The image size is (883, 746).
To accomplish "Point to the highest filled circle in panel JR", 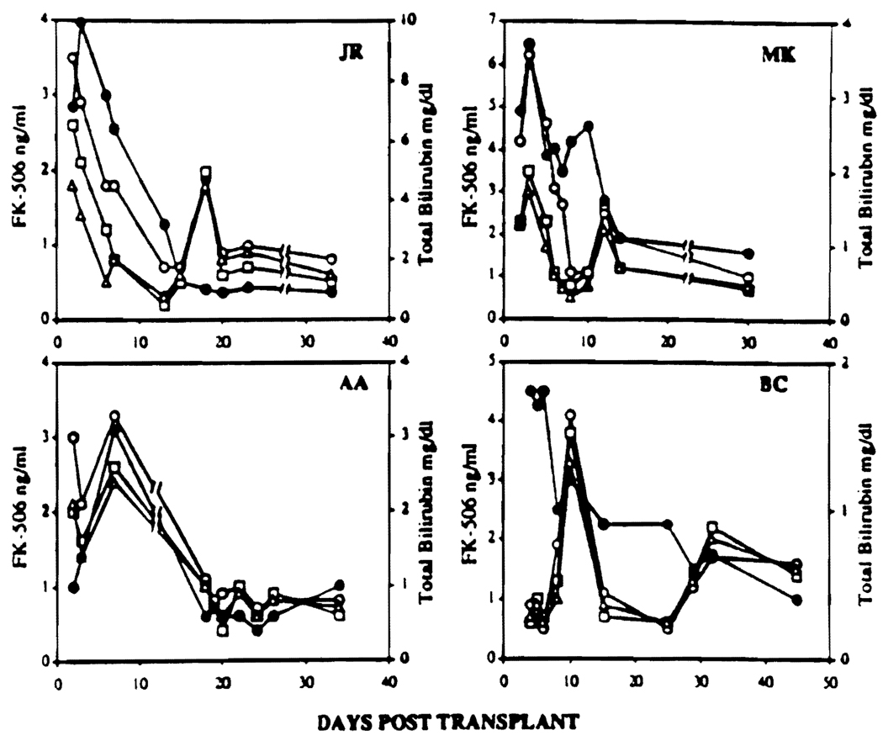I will point(82,23).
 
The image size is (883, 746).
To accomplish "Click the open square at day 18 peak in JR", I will point(206,172).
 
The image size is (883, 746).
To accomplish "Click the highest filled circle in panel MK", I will point(530,44).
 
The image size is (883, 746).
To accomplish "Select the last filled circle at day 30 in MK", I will point(748,254).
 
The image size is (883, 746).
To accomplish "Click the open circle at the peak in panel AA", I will point(115,416).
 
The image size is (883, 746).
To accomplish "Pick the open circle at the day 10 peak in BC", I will point(570,415).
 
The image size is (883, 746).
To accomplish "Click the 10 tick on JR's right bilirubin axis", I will point(403,20).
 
